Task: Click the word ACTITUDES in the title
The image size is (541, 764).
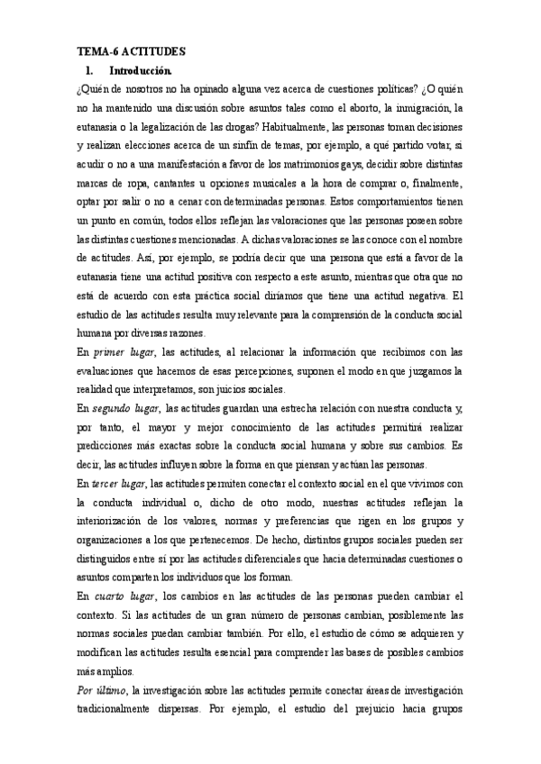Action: [x=154, y=53]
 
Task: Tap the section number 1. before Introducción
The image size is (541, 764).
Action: [x=87, y=70]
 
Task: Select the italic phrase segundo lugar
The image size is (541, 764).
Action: [x=127, y=410]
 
